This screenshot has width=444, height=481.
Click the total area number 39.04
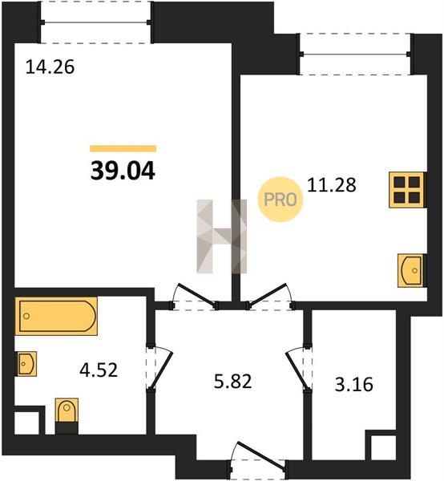pyautogui.click(x=123, y=171)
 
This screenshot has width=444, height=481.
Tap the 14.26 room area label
pyautogui.click(x=50, y=67)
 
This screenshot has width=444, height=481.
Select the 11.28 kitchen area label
pyautogui.click(x=332, y=185)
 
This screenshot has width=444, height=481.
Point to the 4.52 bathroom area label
pyautogui.click(x=99, y=370)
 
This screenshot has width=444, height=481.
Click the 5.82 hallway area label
pyautogui.click(x=232, y=382)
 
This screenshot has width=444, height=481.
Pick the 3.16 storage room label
pyautogui.click(x=354, y=385)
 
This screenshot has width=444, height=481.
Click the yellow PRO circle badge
pyautogui.click(x=281, y=200)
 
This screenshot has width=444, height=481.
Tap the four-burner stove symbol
pyautogui.click(x=406, y=190)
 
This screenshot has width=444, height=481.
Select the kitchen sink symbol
pyautogui.click(x=411, y=271)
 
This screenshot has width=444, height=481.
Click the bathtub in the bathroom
pyautogui.click(x=56, y=316)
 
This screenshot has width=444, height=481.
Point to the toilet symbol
pyautogui.click(x=67, y=416)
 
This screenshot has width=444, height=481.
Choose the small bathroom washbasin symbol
pyautogui.click(x=26, y=364)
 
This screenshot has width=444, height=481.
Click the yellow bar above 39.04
pyautogui.click(x=123, y=149)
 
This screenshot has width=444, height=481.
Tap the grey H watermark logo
pyautogui.click(x=221, y=236)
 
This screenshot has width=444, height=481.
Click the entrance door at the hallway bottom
pyautogui.click(x=257, y=460)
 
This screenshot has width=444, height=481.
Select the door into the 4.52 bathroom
pyautogui.click(x=160, y=369)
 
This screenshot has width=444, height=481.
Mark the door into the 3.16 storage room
pyautogui.click(x=298, y=369)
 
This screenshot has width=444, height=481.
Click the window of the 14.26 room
pyautogui.click(x=95, y=22)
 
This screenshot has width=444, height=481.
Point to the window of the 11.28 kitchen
pyautogui.click(x=355, y=54)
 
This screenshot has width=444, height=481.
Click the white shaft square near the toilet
pyautogui.click(x=26, y=423)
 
